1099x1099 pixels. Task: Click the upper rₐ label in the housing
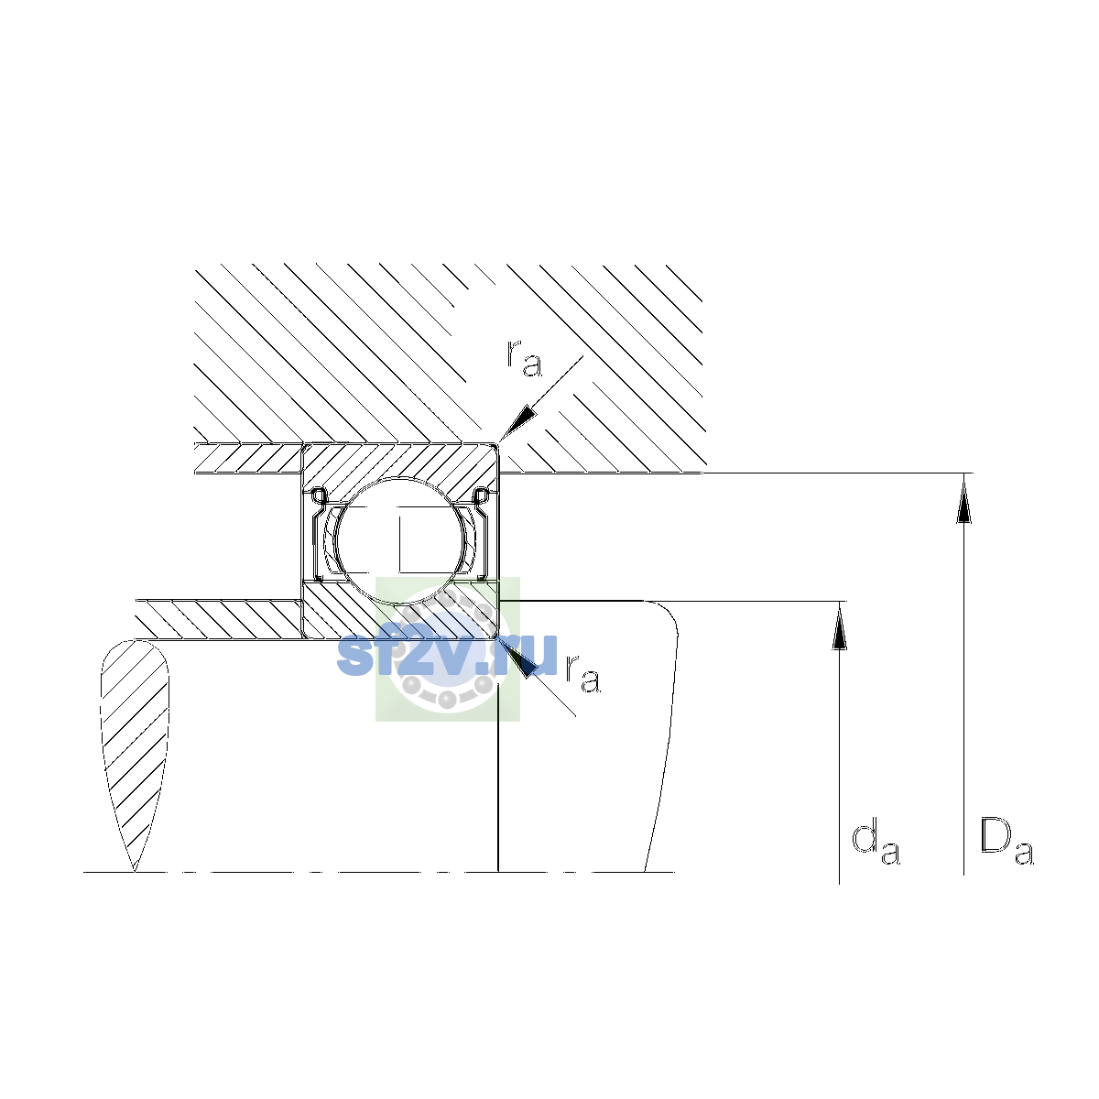tap(524, 358)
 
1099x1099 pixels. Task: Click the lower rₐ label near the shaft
tap(582, 673)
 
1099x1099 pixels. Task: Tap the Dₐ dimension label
tap(1007, 842)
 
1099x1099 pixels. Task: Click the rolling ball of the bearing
tap(401, 540)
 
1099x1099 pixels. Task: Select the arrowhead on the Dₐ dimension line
tap(963, 498)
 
